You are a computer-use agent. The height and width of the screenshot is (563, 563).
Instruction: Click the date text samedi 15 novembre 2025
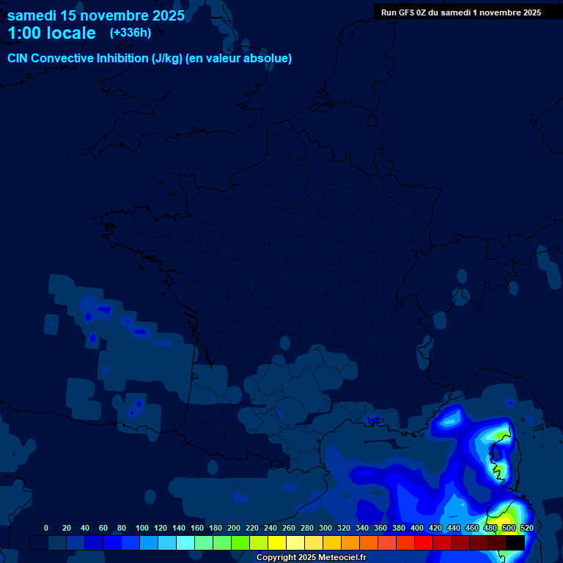pyautogui.click(x=96, y=15)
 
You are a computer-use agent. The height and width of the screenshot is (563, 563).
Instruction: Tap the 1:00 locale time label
pyautogui.click(x=51, y=33)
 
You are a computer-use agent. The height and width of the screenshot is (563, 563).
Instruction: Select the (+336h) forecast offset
pyautogui.click(x=130, y=32)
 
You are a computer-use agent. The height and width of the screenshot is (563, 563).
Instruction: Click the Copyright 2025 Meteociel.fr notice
pyautogui.click(x=311, y=558)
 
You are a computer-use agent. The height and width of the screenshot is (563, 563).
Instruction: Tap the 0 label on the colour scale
pyautogui.click(x=46, y=528)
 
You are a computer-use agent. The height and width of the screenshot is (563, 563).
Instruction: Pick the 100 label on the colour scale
pyautogui.click(x=142, y=528)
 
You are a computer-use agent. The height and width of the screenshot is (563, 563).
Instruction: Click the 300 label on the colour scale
pyautogui.click(x=325, y=528)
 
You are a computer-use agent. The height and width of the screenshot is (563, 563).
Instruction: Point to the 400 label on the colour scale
pyautogui.click(x=417, y=528)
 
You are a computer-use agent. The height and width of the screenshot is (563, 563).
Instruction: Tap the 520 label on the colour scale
pyautogui.click(x=526, y=528)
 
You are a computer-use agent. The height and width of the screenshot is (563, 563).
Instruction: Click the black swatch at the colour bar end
pyautogui.click(x=515, y=542)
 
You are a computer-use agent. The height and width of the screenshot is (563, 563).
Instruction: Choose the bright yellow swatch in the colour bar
pyautogui.click(x=277, y=542)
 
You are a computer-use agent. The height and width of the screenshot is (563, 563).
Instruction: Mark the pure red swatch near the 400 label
pyautogui.click(x=424, y=542)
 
